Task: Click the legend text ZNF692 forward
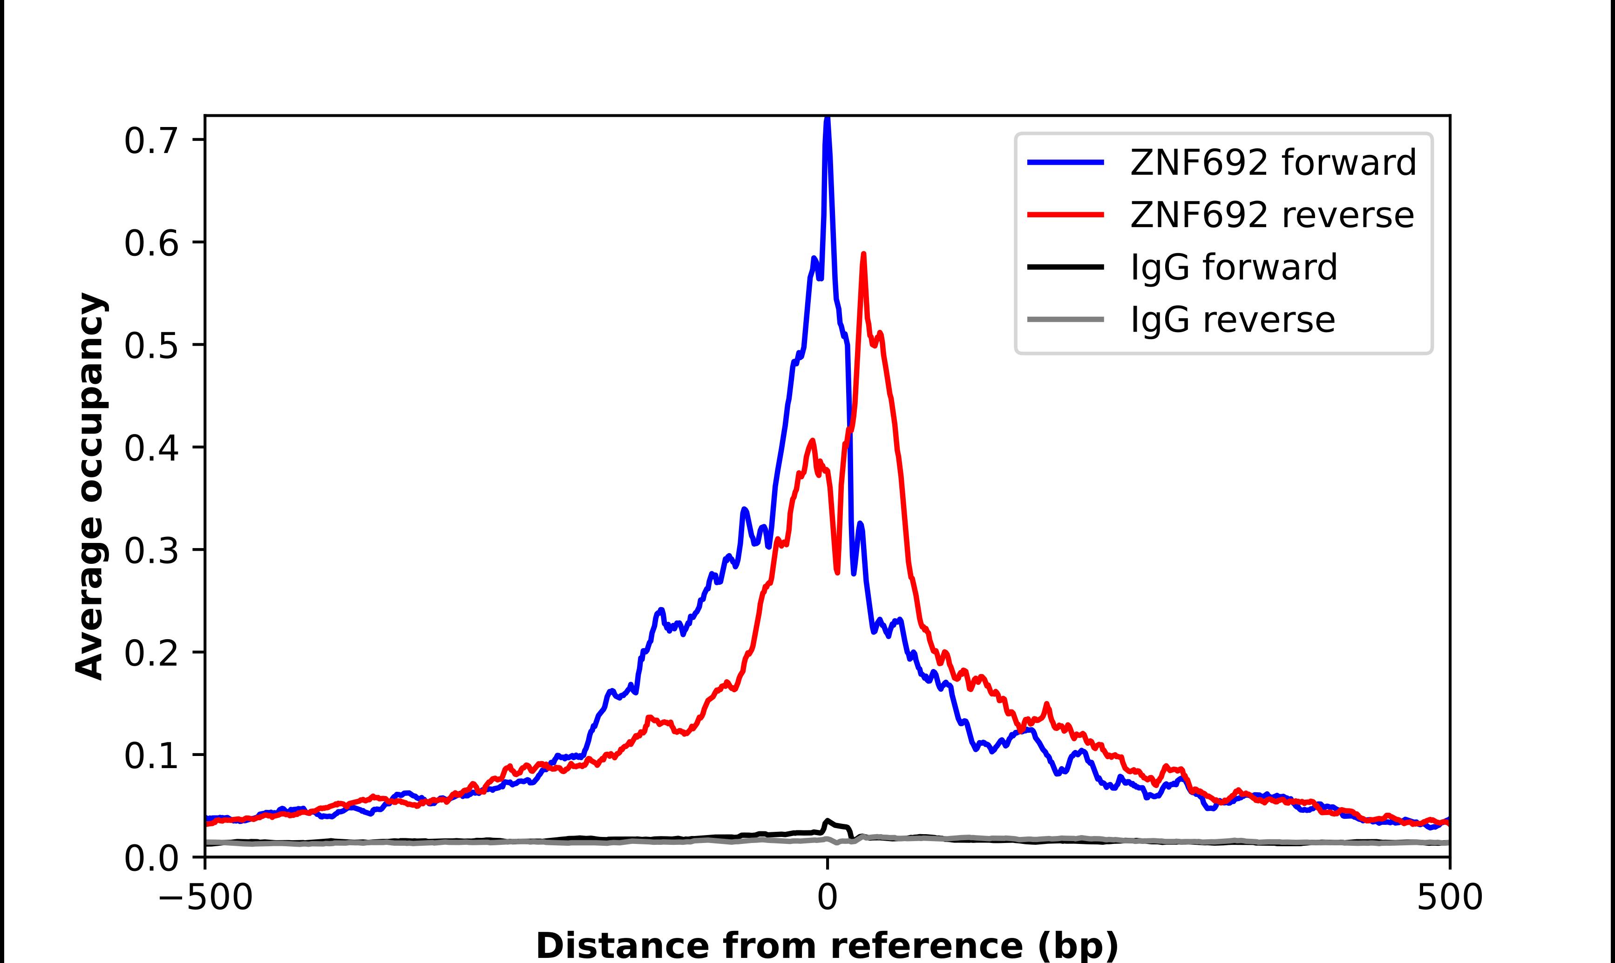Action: pyautogui.click(x=1273, y=162)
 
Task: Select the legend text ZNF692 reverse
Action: pyautogui.click(x=1271, y=215)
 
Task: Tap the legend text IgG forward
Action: pyautogui.click(x=1234, y=267)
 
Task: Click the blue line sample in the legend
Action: pyautogui.click(x=1065, y=162)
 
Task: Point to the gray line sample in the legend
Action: pyautogui.click(x=1065, y=319)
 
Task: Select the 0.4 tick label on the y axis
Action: pyautogui.click(x=151, y=448)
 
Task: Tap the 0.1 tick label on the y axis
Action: pyautogui.click(x=151, y=756)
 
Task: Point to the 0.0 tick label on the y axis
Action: pyautogui.click(x=151, y=858)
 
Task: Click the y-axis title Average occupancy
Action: pyautogui.click(x=89, y=486)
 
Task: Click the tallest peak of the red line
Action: pyautogui.click(x=863, y=255)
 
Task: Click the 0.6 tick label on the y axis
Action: pyautogui.click(x=151, y=243)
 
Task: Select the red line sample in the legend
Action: pyautogui.click(x=1065, y=215)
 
